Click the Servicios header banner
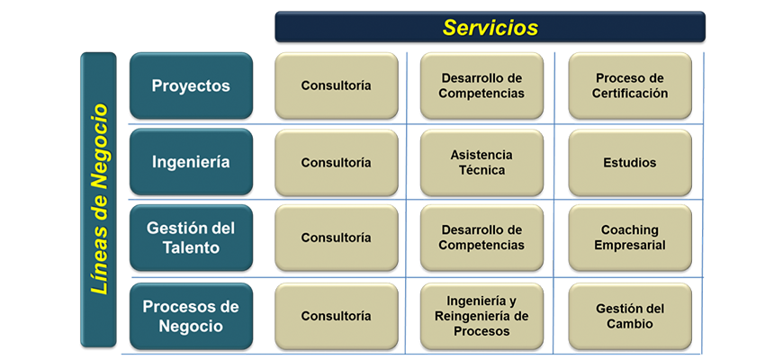[x=490, y=27]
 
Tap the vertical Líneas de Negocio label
[x=98, y=200]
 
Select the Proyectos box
[x=192, y=85]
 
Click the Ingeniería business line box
[x=192, y=162]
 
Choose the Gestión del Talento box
[x=192, y=238]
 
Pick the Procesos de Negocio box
[x=192, y=317]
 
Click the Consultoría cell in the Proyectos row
[x=337, y=85]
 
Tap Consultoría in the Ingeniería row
[x=337, y=163]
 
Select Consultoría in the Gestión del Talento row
[x=337, y=238]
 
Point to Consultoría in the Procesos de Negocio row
[x=337, y=317]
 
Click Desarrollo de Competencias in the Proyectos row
[x=481, y=85]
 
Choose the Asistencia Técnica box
[x=481, y=163]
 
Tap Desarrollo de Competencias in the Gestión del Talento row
[x=481, y=238]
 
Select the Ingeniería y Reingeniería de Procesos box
[x=481, y=317]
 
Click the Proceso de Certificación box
[x=630, y=85]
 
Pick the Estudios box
[x=630, y=163]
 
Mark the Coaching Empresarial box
[x=630, y=238]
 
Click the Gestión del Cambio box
[x=630, y=317]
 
